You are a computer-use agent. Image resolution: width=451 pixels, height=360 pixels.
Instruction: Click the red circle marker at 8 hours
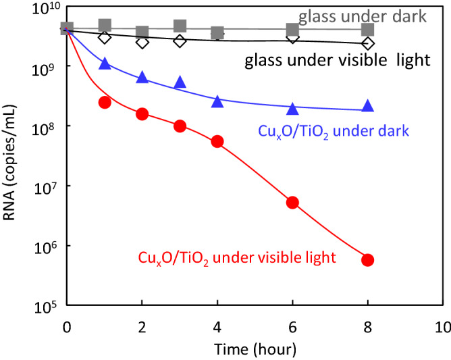click(368, 259)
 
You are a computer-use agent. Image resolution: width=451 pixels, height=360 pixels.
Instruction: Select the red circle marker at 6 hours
click(292, 202)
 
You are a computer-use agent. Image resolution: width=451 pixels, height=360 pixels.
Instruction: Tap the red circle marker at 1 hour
click(104, 102)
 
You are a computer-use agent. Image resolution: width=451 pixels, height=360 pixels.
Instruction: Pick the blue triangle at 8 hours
click(368, 105)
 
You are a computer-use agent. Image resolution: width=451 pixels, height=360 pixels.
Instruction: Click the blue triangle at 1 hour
click(104, 63)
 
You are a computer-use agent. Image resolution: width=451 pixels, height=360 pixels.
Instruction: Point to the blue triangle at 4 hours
click(217, 101)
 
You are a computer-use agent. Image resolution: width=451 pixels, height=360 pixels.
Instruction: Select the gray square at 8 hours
click(368, 29)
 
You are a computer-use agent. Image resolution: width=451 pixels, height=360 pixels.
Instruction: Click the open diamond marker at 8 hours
click(368, 43)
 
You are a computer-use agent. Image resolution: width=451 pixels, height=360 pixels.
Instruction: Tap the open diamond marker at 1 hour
click(104, 37)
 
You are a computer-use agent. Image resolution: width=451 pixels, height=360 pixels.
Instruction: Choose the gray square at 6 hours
click(292, 30)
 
